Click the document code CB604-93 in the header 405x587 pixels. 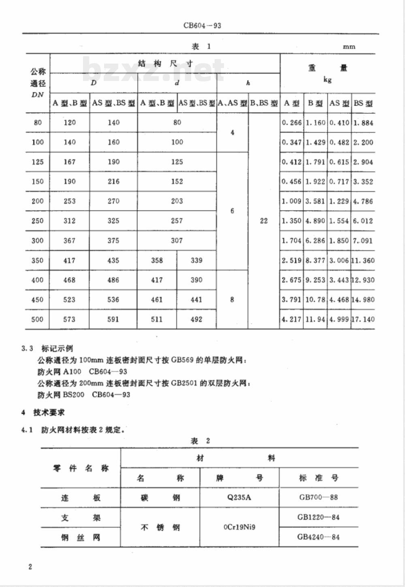pos(202,26)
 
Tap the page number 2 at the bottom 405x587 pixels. pos(30,567)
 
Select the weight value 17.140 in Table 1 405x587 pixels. pos(363,319)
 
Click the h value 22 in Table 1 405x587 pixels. pos(264,221)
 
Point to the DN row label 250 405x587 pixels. pos(37,221)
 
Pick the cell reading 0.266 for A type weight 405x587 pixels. pos(292,123)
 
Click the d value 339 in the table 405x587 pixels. pos(196,260)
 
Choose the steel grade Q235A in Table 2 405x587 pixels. pos(239,498)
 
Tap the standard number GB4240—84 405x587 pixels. pos(318,537)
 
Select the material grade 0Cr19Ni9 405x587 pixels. pos(239,527)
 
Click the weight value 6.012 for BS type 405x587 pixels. pos(363,221)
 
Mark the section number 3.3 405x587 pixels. pos(27,349)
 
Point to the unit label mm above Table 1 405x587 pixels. pos(349,47)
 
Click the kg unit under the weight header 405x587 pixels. pos(328,80)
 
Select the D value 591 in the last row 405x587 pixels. pos(113,319)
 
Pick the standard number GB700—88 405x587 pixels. pos(318,497)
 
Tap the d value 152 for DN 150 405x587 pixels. pos(177,181)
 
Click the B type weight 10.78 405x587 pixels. pos(315,300)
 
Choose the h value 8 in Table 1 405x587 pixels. pos(232,300)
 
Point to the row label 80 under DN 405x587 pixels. pos(37,123)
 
